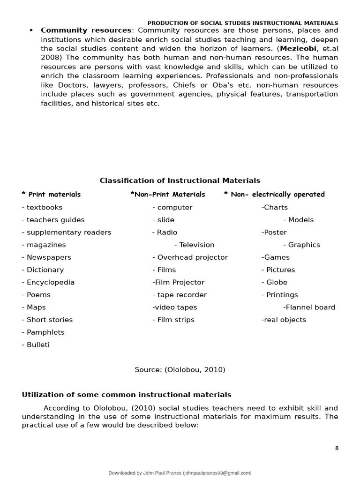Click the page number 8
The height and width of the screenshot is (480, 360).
[x=337, y=448]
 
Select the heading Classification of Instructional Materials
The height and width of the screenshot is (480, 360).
[x=180, y=180]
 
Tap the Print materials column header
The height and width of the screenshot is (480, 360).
[x=51, y=195]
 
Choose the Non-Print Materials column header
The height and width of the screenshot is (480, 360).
[x=168, y=195]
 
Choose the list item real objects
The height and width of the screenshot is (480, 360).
[x=284, y=320]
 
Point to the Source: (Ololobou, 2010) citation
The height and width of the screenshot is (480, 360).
[x=180, y=370]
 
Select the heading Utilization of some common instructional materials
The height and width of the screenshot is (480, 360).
[x=127, y=395]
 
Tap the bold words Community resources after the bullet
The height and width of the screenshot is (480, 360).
[x=86, y=30]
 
